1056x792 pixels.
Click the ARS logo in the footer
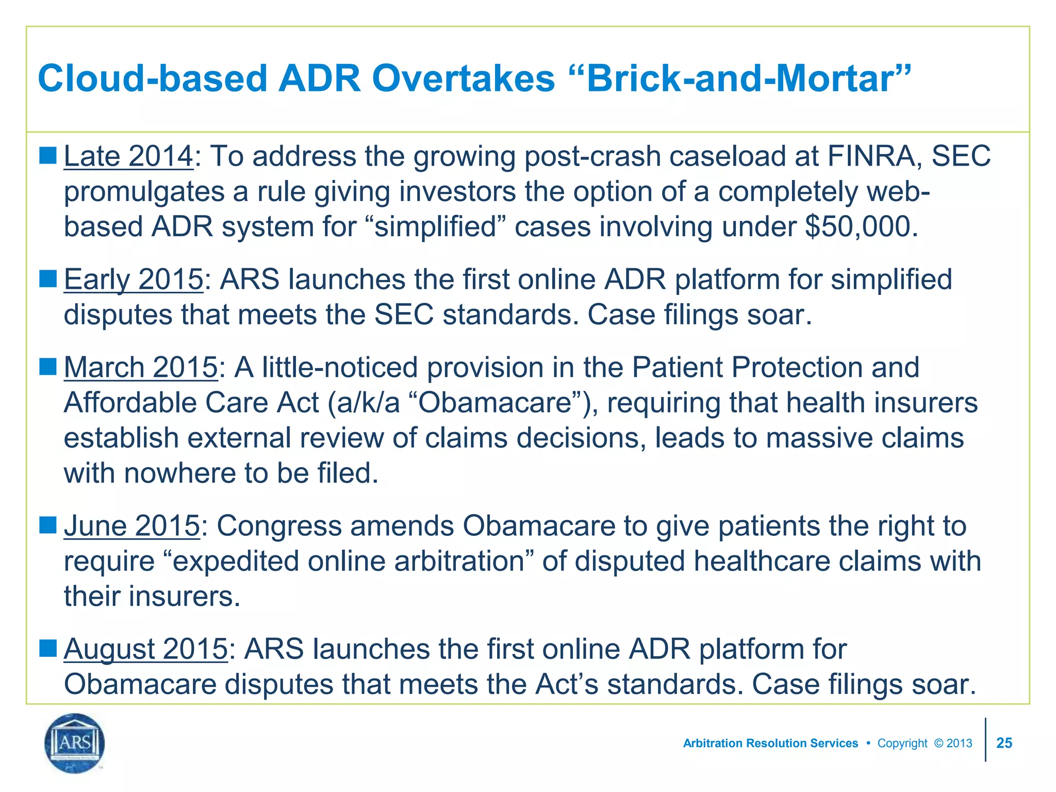(75, 743)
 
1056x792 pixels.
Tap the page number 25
(1004, 743)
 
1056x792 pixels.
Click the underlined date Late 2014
(128, 156)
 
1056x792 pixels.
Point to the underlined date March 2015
(141, 367)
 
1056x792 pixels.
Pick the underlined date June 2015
(131, 525)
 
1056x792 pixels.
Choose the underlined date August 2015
(145, 649)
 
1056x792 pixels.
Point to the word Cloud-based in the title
(152, 78)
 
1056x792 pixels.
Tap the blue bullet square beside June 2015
(47, 525)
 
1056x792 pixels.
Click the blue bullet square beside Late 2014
(47, 155)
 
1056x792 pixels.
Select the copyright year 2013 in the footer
(959, 743)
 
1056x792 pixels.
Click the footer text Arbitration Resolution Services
(770, 743)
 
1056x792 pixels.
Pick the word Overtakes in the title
(463, 78)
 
